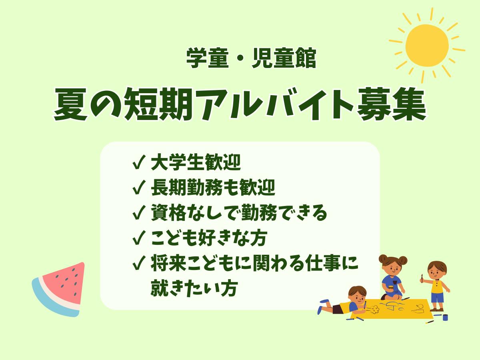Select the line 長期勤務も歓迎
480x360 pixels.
[x=213, y=188]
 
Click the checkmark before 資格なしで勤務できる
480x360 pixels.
[x=139, y=214]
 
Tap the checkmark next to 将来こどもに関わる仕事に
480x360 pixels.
[x=139, y=264]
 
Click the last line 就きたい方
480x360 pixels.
[x=194, y=289]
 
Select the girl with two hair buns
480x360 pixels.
[x=392, y=278]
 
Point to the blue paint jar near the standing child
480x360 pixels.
[x=445, y=317]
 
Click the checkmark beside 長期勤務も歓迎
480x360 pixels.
[x=139, y=188]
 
